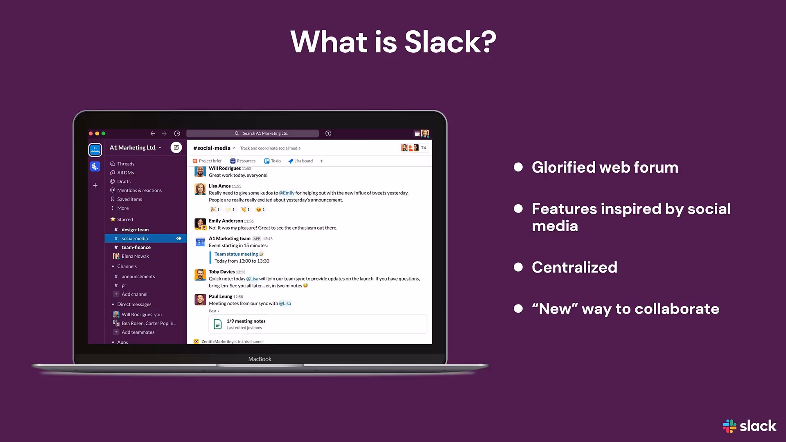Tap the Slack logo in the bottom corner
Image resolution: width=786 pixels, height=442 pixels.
(x=749, y=426)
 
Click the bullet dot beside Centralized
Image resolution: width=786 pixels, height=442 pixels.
(x=518, y=267)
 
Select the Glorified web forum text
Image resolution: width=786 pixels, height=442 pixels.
(x=605, y=167)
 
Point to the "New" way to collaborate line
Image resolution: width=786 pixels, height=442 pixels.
(x=625, y=309)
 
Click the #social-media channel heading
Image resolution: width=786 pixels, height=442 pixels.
(x=212, y=148)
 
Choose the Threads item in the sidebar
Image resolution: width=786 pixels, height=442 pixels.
(x=125, y=164)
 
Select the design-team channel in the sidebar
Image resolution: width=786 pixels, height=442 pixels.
(x=135, y=230)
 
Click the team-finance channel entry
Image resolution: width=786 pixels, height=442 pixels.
(x=136, y=247)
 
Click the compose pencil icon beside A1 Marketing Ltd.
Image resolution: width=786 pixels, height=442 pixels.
(x=176, y=147)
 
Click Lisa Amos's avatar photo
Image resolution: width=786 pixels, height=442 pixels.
(x=200, y=189)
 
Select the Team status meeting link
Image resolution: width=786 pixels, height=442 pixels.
(x=236, y=254)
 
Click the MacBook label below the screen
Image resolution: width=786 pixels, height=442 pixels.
(x=260, y=359)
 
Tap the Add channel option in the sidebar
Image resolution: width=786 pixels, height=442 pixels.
(x=134, y=294)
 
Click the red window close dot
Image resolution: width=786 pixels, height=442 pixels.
(x=91, y=133)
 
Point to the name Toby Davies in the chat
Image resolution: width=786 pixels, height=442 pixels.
(x=221, y=272)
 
